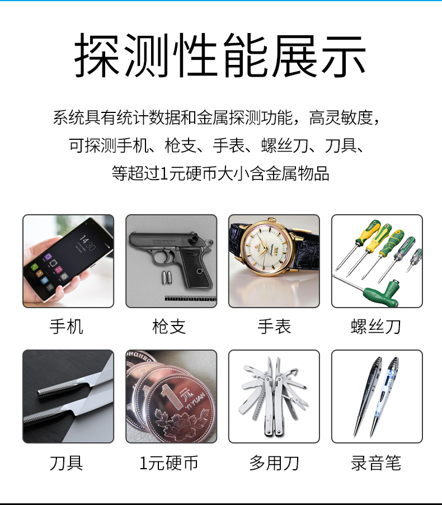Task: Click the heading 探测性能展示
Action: (x=220, y=55)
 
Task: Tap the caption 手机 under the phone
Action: (x=67, y=327)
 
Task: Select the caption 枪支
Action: (x=169, y=327)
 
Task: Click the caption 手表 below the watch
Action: (x=274, y=327)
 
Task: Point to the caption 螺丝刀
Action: (x=376, y=327)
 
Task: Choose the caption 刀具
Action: (x=67, y=463)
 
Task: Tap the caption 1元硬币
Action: (x=168, y=463)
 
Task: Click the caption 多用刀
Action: (x=274, y=463)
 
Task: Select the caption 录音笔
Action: (x=376, y=463)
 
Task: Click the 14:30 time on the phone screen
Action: (x=87, y=243)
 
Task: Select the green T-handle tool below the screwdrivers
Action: (x=382, y=292)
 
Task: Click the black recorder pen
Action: (x=367, y=396)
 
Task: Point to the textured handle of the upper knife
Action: (x=57, y=387)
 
